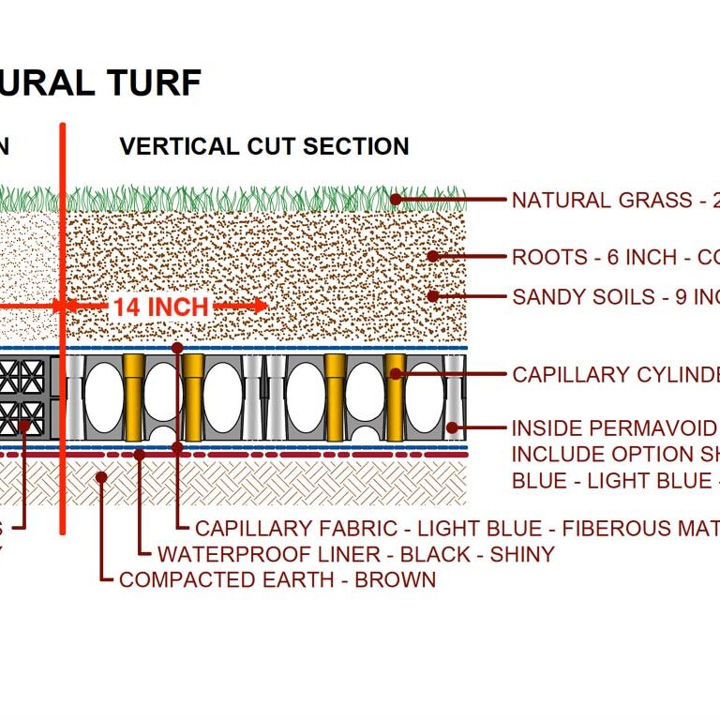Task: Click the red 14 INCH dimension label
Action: [160, 307]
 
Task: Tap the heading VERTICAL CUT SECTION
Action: [264, 146]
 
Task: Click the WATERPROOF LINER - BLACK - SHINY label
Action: [356, 554]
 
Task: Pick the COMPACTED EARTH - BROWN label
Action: [277, 579]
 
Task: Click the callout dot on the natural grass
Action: [397, 199]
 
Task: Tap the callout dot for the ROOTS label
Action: [432, 256]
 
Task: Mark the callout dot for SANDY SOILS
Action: [432, 296]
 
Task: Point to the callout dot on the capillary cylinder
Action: [396, 374]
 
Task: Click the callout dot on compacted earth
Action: [101, 476]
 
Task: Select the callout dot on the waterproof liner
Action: [139, 455]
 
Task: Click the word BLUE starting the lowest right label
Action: [540, 481]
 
